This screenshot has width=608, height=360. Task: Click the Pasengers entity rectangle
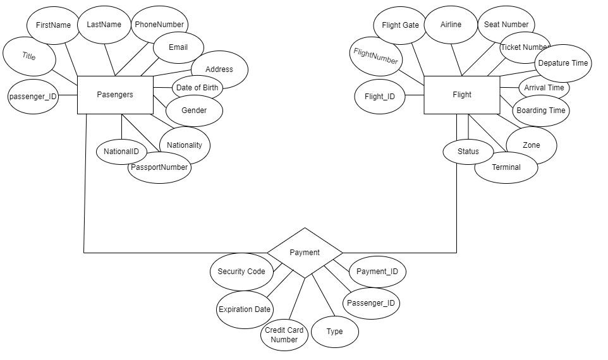pyautogui.click(x=115, y=95)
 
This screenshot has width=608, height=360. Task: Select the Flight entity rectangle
pyautogui.click(x=461, y=95)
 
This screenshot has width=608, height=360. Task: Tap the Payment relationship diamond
pyautogui.click(x=305, y=253)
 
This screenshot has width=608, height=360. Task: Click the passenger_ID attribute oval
pyautogui.click(x=33, y=97)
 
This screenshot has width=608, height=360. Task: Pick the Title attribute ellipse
pyautogui.click(x=29, y=56)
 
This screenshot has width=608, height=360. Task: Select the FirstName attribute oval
pyautogui.click(x=54, y=25)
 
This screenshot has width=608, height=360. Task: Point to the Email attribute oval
pyautogui.click(x=178, y=47)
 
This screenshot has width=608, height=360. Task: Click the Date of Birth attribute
pyautogui.click(x=197, y=88)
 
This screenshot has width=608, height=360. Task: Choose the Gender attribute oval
pyautogui.click(x=194, y=111)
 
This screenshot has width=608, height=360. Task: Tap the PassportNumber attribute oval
pyautogui.click(x=159, y=167)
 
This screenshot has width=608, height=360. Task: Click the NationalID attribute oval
pyautogui.click(x=121, y=152)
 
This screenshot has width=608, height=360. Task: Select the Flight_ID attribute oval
pyautogui.click(x=380, y=97)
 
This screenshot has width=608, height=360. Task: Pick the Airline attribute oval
pyautogui.click(x=451, y=25)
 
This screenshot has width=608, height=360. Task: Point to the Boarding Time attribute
pyautogui.click(x=541, y=111)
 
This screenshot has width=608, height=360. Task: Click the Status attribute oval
pyautogui.click(x=468, y=152)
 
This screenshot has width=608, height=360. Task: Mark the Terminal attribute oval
pyautogui.click(x=506, y=167)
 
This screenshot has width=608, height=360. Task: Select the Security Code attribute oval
pyautogui.click(x=241, y=272)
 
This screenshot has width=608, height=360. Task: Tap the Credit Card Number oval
pyautogui.click(x=284, y=335)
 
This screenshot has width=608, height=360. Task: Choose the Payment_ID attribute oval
pyautogui.click(x=377, y=272)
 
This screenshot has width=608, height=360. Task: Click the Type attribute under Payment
pyautogui.click(x=335, y=332)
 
